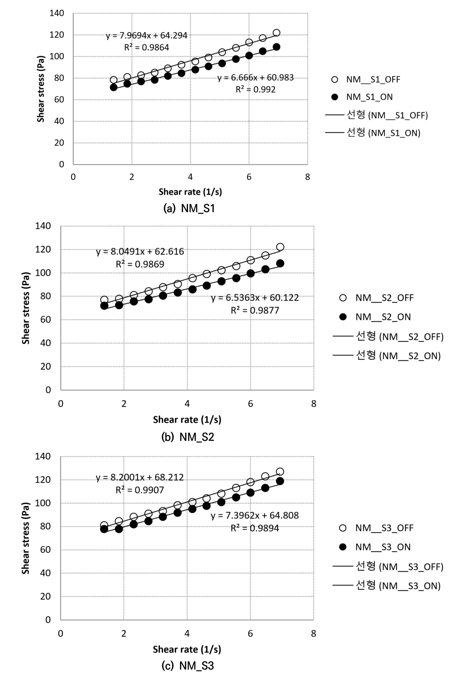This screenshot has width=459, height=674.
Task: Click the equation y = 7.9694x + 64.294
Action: (x=147, y=35)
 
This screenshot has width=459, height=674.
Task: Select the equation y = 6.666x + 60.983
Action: (x=255, y=78)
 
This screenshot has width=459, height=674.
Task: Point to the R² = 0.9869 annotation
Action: (x=140, y=264)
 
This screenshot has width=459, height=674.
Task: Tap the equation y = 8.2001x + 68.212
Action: (x=140, y=478)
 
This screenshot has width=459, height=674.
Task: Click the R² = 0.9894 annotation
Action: (x=254, y=528)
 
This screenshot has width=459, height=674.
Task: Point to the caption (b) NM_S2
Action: (x=188, y=437)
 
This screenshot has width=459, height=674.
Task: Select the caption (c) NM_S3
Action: (x=188, y=666)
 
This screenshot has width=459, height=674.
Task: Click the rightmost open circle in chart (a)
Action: (x=276, y=33)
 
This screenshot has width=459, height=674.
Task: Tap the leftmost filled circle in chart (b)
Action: (x=104, y=306)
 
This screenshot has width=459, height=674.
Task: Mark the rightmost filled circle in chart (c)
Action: (x=280, y=481)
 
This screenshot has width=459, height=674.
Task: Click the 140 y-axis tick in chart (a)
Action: (x=57, y=13)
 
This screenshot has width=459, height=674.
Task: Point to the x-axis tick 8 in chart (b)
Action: (x=314, y=404)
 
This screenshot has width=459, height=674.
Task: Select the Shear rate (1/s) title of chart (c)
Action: (x=187, y=649)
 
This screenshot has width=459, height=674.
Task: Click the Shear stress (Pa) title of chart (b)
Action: (x=26, y=308)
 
